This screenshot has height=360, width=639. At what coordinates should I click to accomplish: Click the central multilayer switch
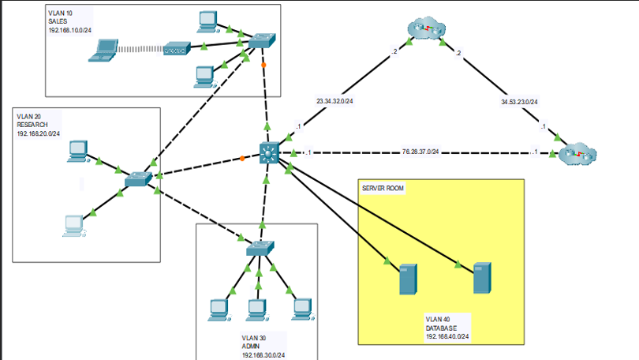[269, 153]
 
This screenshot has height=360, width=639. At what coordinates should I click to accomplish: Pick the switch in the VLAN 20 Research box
[138, 178]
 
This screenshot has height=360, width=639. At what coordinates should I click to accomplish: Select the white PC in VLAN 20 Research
[74, 226]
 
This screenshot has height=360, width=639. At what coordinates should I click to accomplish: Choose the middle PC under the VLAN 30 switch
[256, 309]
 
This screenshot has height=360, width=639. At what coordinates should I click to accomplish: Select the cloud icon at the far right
[577, 155]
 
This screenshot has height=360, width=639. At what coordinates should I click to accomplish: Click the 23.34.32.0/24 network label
[334, 101]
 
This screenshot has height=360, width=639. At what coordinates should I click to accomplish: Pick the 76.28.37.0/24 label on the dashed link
[420, 151]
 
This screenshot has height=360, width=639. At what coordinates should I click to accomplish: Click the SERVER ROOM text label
[383, 189]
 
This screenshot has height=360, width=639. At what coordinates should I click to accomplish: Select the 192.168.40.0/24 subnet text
[447, 336]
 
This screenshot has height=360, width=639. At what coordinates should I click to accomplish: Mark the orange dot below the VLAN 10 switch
[264, 65]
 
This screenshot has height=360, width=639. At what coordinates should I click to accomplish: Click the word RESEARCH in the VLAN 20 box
[32, 125]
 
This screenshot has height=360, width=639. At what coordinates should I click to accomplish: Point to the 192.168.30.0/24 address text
[263, 355]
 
